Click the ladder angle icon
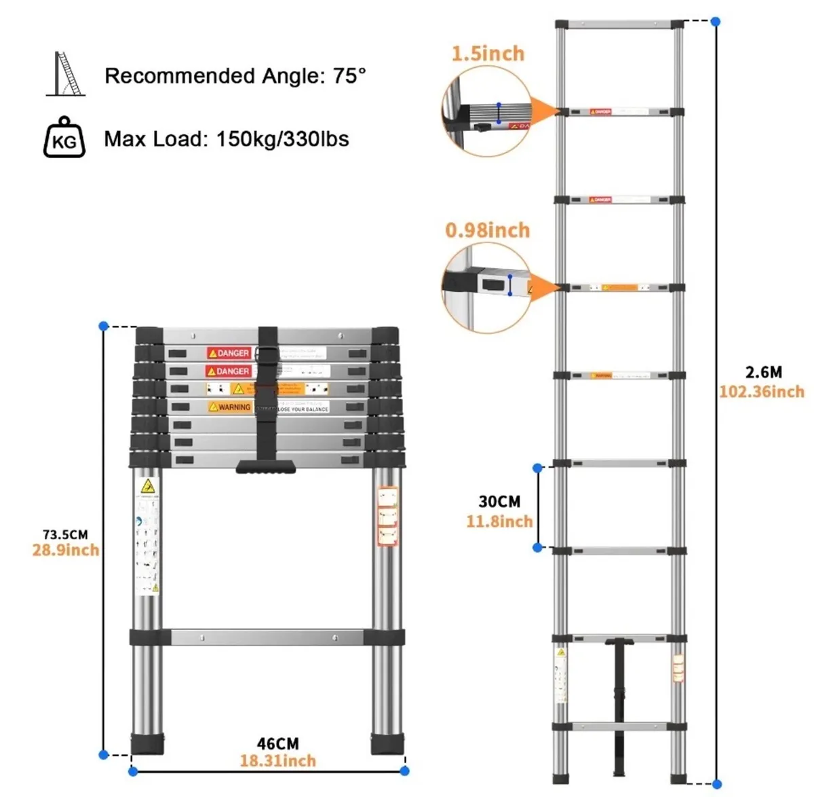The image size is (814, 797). pos(66,74)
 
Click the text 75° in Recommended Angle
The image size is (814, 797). pos(349,75)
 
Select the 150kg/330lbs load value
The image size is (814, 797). pos(282,139)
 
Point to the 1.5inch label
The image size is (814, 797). pos(488,54)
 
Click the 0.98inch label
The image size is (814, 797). pos(487,230)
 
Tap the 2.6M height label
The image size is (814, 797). pos(763,372)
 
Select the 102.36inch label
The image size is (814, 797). pos(761,392)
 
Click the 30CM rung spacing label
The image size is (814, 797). pos(499,502)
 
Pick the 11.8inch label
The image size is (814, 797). pos(499,521)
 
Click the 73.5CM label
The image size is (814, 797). pos(65,535)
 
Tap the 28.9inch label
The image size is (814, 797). pos(65,550)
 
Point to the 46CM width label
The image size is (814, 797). pos(277,744)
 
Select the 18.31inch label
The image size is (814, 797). pos(277,760)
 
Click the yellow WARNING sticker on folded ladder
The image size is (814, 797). pos(230,407)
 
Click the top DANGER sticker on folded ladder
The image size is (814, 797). pos(229,353)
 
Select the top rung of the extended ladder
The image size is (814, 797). pos(619,24)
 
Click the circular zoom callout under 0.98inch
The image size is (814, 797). pos(486,287)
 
